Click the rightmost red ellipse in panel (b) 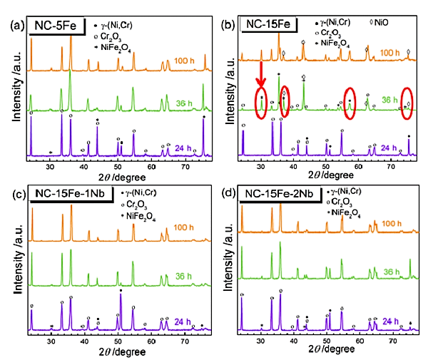click(407, 101)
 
